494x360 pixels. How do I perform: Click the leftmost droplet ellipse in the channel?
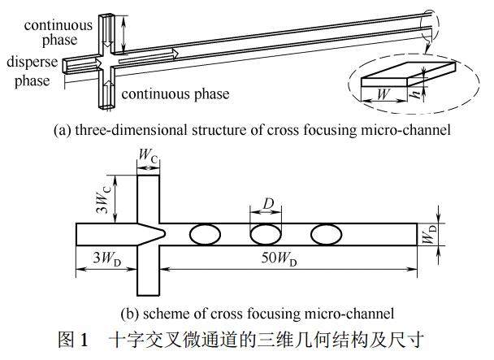[x=205, y=235]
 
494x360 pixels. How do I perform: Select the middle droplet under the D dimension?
[x=266, y=235]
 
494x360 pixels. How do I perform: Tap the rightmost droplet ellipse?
[x=326, y=235]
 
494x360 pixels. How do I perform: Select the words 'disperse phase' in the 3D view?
[x=28, y=71]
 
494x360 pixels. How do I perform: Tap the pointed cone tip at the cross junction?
[x=163, y=235]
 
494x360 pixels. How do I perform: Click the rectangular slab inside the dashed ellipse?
[x=393, y=80]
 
